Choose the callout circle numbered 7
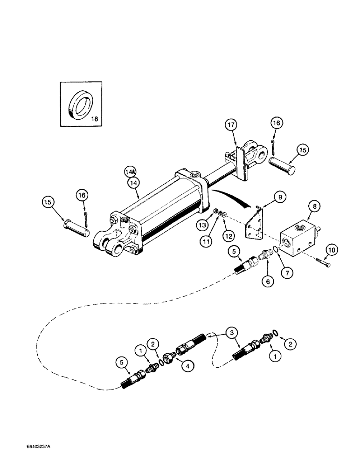(288, 270)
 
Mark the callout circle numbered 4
(189, 367)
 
